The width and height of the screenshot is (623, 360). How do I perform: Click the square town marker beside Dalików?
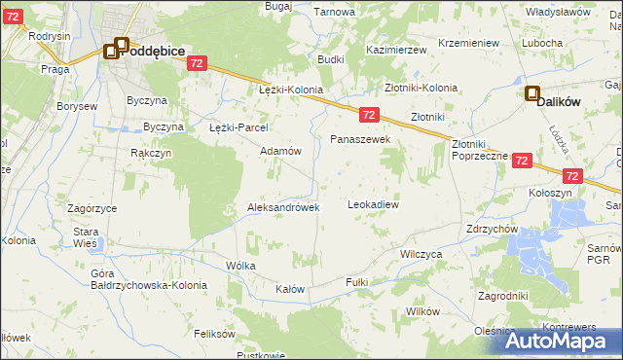[532, 94]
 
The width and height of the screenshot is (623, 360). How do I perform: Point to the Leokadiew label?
[374, 205]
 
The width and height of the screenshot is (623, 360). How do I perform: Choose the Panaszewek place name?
[360, 140]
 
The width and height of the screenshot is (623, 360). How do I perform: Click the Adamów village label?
[280, 152]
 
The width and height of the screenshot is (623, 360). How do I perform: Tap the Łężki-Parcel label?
[238, 127]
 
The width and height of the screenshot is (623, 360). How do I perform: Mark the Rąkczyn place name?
[151, 153]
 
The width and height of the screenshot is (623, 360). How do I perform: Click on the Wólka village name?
[240, 265]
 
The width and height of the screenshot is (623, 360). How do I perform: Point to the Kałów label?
[290, 290]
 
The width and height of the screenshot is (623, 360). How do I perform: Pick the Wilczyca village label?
[421, 253]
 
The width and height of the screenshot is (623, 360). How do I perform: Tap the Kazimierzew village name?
[397, 49]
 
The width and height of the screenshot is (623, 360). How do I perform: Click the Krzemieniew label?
[468, 44]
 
